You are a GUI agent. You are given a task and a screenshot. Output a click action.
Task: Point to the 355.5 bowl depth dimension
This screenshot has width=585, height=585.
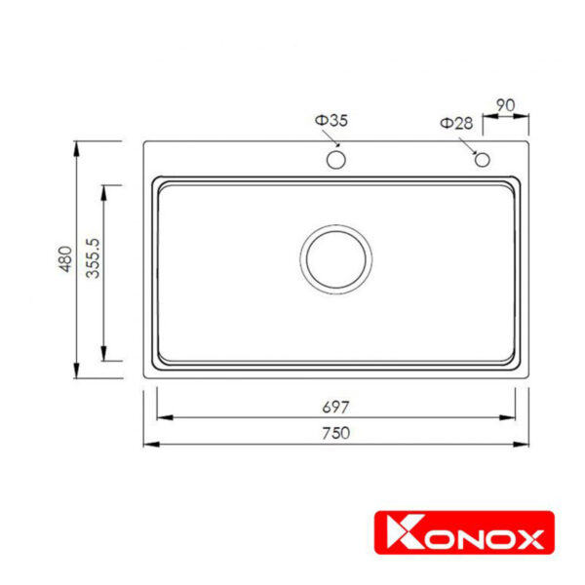coord(93,258)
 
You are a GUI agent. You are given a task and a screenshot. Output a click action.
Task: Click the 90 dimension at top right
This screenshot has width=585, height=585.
coord(506,104)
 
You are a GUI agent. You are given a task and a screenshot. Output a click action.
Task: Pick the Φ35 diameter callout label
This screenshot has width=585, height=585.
coord(331,120)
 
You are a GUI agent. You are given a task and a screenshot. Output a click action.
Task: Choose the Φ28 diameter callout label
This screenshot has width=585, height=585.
coord(456,123)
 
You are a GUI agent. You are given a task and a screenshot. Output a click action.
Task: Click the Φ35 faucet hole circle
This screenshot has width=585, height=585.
coord(335,159)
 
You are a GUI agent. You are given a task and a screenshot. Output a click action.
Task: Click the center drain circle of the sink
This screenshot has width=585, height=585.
coord(335,258)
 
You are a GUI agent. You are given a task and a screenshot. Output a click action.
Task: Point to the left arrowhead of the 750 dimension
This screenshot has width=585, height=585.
coord(149,446)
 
